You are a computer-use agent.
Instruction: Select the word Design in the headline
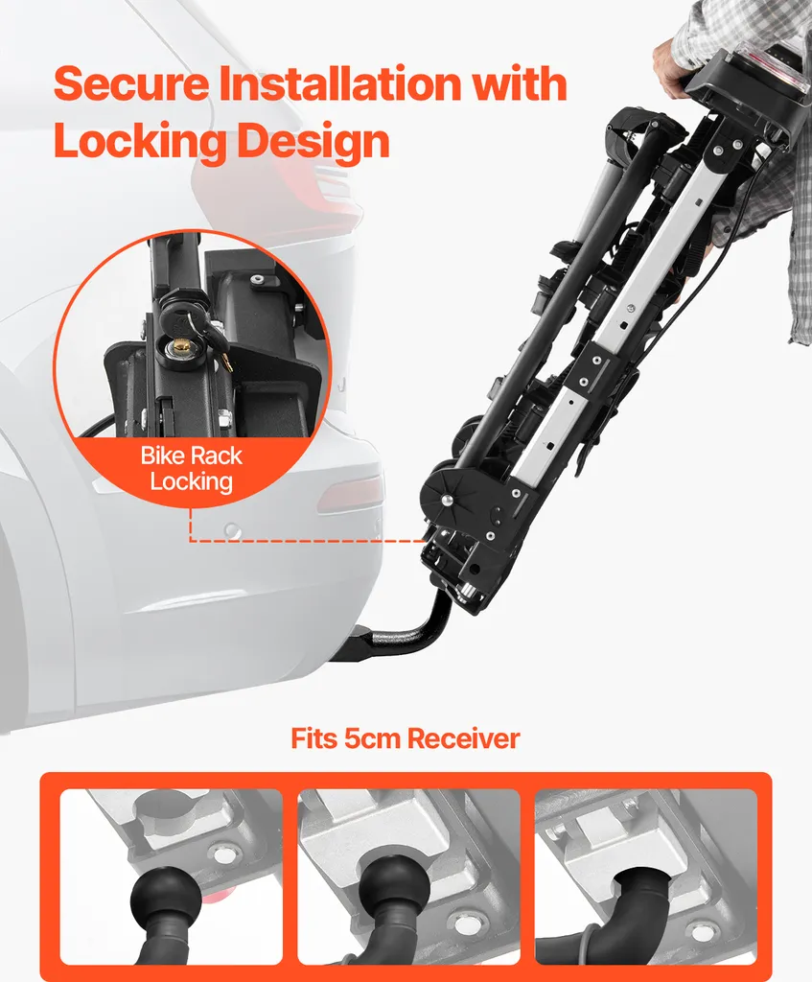[x=313, y=142]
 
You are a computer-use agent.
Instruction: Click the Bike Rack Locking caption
[x=191, y=468]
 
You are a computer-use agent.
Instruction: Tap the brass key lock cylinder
[x=179, y=344]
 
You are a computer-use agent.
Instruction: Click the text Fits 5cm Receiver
[x=406, y=738]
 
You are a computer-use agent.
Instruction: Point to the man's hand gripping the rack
[x=671, y=70]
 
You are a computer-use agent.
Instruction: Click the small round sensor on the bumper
[x=232, y=530]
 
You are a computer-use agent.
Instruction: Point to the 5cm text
[x=372, y=738]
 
